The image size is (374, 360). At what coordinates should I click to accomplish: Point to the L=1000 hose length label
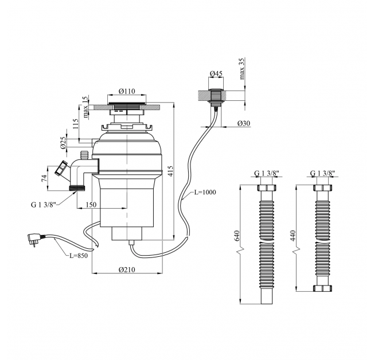(x=205, y=192)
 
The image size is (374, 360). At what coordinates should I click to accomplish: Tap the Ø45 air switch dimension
(x=216, y=74)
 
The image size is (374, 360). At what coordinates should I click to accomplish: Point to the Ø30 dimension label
(x=245, y=124)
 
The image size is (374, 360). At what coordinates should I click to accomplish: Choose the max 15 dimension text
(x=84, y=107)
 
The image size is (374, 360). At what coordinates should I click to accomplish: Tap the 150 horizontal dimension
(x=91, y=205)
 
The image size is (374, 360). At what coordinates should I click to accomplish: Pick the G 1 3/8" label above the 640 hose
(x=266, y=173)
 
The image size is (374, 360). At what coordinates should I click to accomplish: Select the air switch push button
(x=216, y=91)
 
